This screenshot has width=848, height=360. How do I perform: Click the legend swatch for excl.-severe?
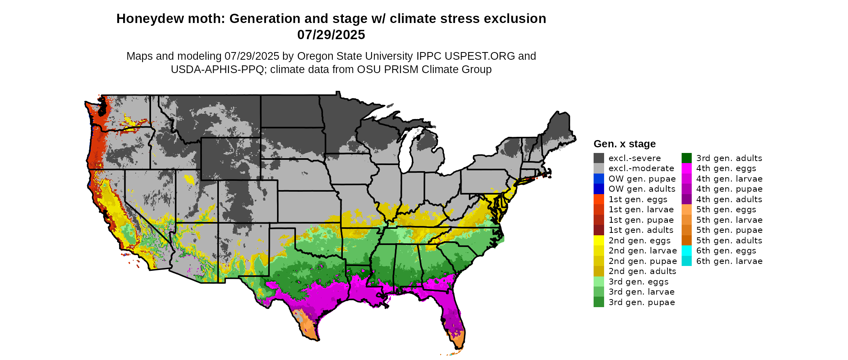[598, 158]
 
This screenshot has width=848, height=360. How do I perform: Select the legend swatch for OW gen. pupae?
[598, 179]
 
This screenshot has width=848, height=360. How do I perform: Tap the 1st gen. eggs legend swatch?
[598, 199]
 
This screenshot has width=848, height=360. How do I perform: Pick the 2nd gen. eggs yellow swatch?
[598, 241]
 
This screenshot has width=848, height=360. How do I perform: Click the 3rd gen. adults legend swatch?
[686, 158]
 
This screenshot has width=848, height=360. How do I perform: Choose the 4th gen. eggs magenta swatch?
[686, 168]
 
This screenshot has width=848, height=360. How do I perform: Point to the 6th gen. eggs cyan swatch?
[686, 251]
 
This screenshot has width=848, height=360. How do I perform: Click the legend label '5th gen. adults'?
[729, 241]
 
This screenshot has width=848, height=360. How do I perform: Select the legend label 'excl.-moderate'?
[641, 168]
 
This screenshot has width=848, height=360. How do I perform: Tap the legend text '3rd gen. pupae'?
[642, 302]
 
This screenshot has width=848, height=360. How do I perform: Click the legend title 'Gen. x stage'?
[624, 144]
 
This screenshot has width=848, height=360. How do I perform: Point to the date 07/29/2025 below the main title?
[331, 35]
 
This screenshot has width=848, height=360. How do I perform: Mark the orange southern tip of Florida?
[458, 341]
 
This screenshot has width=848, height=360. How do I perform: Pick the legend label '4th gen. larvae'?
[729, 179]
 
